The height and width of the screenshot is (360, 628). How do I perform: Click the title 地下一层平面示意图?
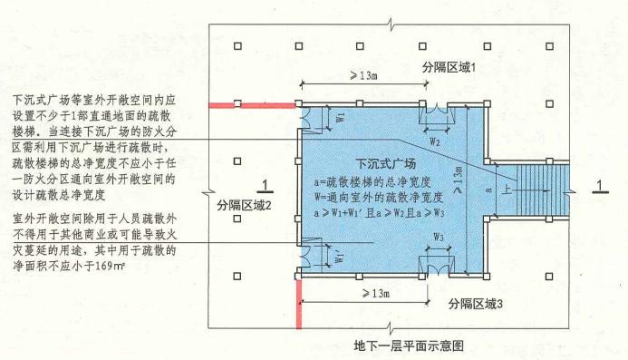[410, 345]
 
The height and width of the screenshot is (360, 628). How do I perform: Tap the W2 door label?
[435, 141]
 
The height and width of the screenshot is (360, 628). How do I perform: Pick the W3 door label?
[438, 238]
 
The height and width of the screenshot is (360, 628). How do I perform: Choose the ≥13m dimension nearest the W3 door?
[371, 294]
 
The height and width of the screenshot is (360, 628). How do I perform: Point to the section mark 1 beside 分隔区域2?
[263, 187]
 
